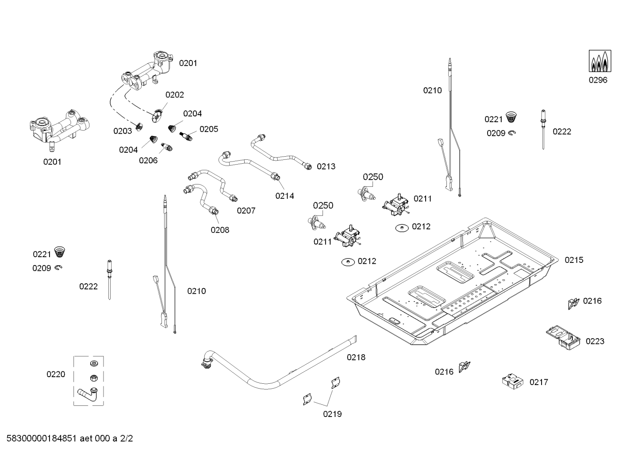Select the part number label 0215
574,260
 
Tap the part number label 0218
356,357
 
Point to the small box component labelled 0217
512,382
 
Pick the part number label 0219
332,414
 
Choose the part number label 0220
56,374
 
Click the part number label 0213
326,166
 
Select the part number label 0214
284,196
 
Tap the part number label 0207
246,211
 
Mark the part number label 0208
220,230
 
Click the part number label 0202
175,95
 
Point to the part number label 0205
209,129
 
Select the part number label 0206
148,160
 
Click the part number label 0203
123,131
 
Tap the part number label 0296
598,80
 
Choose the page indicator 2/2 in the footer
126,439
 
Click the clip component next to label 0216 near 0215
573,303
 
